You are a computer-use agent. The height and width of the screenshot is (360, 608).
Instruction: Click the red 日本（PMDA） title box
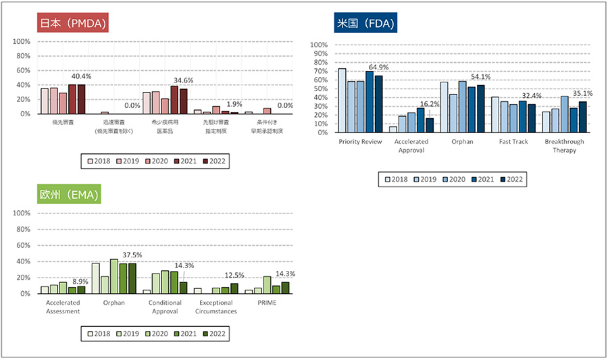74,24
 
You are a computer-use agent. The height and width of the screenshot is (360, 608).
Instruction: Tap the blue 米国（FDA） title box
365,24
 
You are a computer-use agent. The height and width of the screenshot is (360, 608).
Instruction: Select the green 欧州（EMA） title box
70,195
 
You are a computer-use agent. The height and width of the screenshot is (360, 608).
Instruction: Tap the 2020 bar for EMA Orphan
113,276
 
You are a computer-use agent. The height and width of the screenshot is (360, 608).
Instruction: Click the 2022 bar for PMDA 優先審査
81,99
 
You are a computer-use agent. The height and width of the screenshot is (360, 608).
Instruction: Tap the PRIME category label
266,303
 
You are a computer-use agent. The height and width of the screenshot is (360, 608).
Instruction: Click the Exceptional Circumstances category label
216,307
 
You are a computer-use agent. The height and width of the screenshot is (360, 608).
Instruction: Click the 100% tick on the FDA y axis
318,45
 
